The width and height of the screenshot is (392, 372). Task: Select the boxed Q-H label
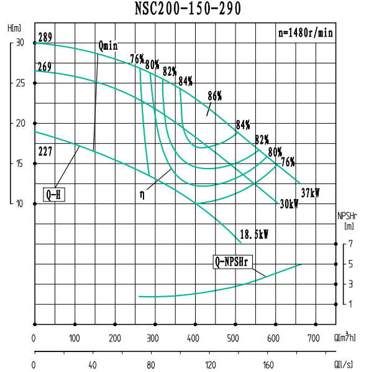[x=54, y=195]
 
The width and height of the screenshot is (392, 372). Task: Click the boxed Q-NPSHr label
[x=232, y=262]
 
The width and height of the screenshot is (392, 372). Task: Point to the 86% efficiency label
[x=214, y=96]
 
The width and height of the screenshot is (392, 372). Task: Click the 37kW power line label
[x=310, y=192]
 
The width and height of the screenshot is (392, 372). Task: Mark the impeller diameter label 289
[x=45, y=38]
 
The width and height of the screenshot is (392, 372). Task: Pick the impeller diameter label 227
[x=45, y=150]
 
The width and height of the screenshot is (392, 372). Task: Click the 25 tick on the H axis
[x=20, y=83]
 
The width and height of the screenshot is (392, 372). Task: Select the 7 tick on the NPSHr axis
[x=350, y=244]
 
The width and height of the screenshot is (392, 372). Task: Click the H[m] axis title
[x=14, y=28]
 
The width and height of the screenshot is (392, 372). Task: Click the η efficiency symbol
[x=143, y=195]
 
